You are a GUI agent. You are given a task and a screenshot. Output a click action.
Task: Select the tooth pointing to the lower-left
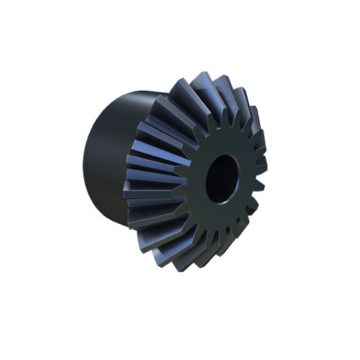click(162, 241)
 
